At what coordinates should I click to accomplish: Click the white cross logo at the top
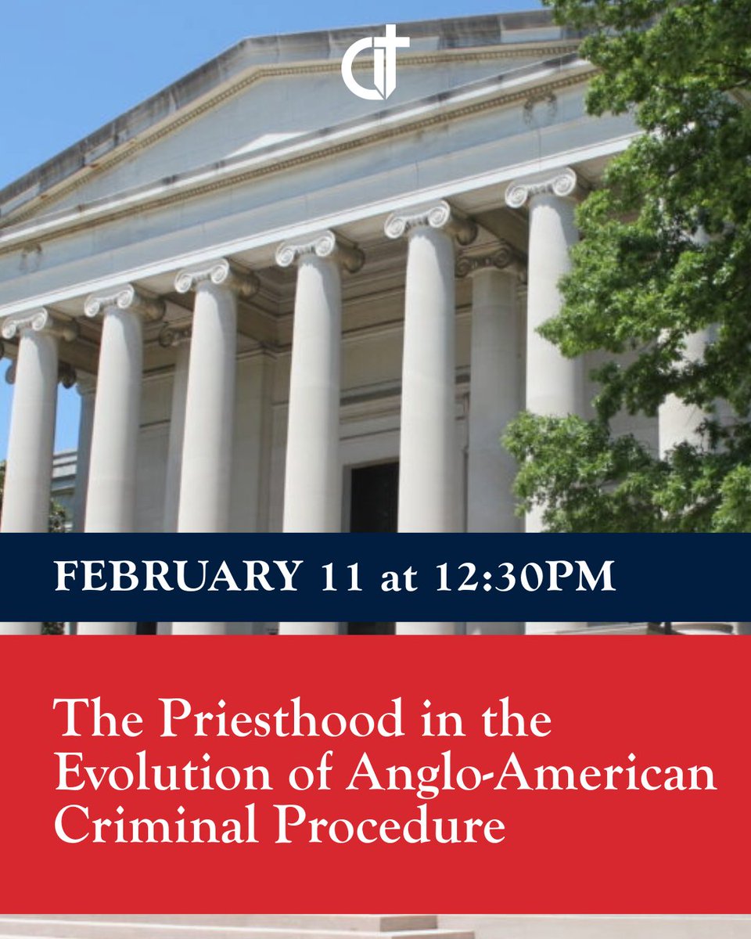375,63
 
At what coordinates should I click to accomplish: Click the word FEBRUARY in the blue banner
177,577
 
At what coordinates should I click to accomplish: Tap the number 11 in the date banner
343,577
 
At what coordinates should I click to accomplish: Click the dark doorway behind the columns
373,497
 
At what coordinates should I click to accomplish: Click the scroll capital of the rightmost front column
542,186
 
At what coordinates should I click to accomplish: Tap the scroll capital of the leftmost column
27,323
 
